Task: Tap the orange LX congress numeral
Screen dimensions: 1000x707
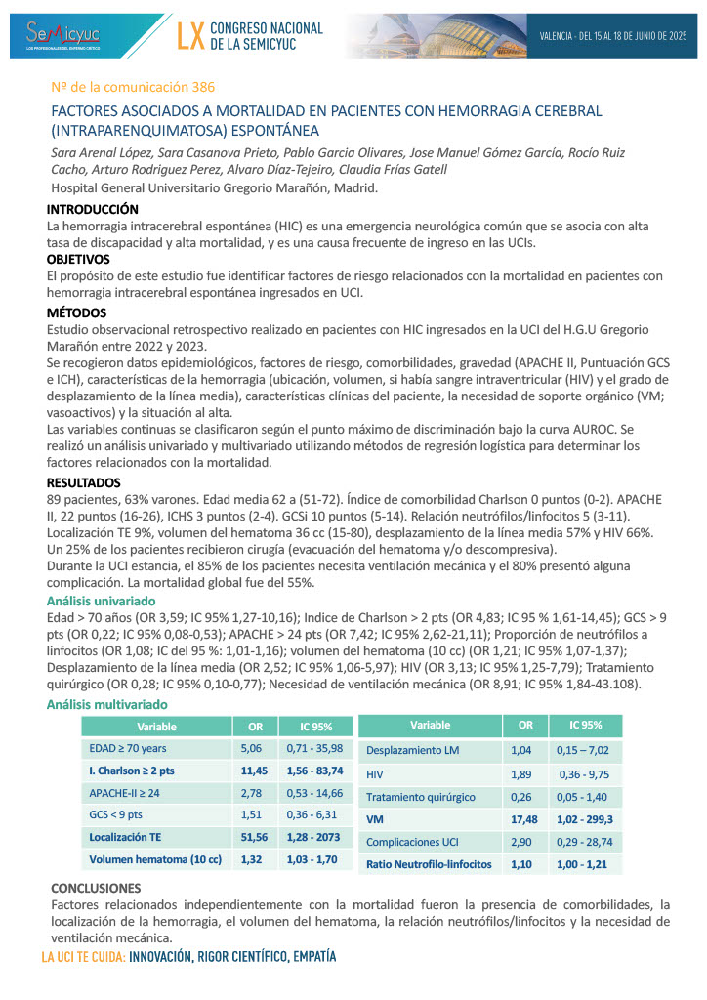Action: tap(191, 36)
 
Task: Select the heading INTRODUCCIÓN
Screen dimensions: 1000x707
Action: tap(93, 209)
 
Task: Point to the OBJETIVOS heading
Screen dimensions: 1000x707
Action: tap(78, 260)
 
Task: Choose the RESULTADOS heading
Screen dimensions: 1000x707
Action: tap(84, 482)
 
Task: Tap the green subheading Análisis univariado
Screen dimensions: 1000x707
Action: tap(102, 602)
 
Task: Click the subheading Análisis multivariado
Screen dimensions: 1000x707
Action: tap(107, 704)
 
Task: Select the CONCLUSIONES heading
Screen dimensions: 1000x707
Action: tap(96, 888)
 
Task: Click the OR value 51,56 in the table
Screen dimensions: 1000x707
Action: tap(253, 837)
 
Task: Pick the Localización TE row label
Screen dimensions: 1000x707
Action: tap(125, 837)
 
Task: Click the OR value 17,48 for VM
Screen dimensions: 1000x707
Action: tap(524, 818)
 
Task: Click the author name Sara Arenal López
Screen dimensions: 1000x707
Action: tap(102, 152)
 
